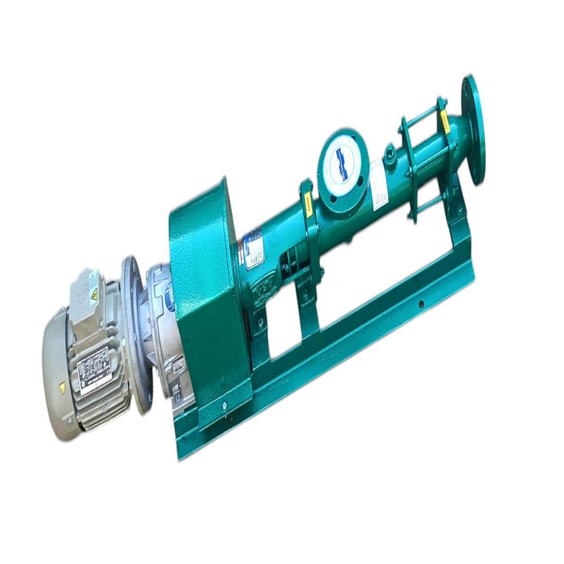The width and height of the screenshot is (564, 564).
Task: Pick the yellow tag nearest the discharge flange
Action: [x=445, y=121]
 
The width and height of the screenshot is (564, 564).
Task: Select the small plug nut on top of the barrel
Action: [x=389, y=151]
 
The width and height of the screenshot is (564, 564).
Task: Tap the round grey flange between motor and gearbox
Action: [x=135, y=333]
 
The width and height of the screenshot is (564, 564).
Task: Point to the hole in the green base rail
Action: [x=420, y=304]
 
